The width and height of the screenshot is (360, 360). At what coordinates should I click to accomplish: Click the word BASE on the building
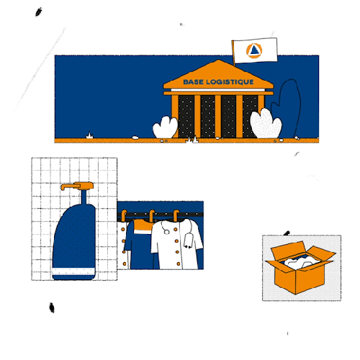click(x=194, y=83)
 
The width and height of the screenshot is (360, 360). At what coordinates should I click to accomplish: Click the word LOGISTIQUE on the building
click(x=229, y=83)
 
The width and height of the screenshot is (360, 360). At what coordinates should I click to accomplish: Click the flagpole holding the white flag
click(x=233, y=61)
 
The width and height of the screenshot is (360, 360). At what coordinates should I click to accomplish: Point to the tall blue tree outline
click(x=291, y=104)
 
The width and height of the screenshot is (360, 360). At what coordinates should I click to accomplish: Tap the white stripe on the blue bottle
click(x=74, y=272)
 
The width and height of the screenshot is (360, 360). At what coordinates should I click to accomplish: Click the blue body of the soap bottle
click(x=74, y=238)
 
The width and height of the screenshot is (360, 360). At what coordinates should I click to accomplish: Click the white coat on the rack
click(x=173, y=248)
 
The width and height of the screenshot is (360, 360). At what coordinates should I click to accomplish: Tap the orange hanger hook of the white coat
click(x=176, y=215)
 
